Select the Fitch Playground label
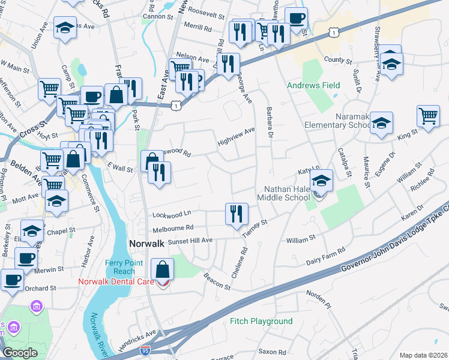[x=261, y=322]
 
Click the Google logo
[x=20, y=353]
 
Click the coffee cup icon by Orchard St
[x=12, y=278]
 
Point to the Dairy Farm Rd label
[x=326, y=254]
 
